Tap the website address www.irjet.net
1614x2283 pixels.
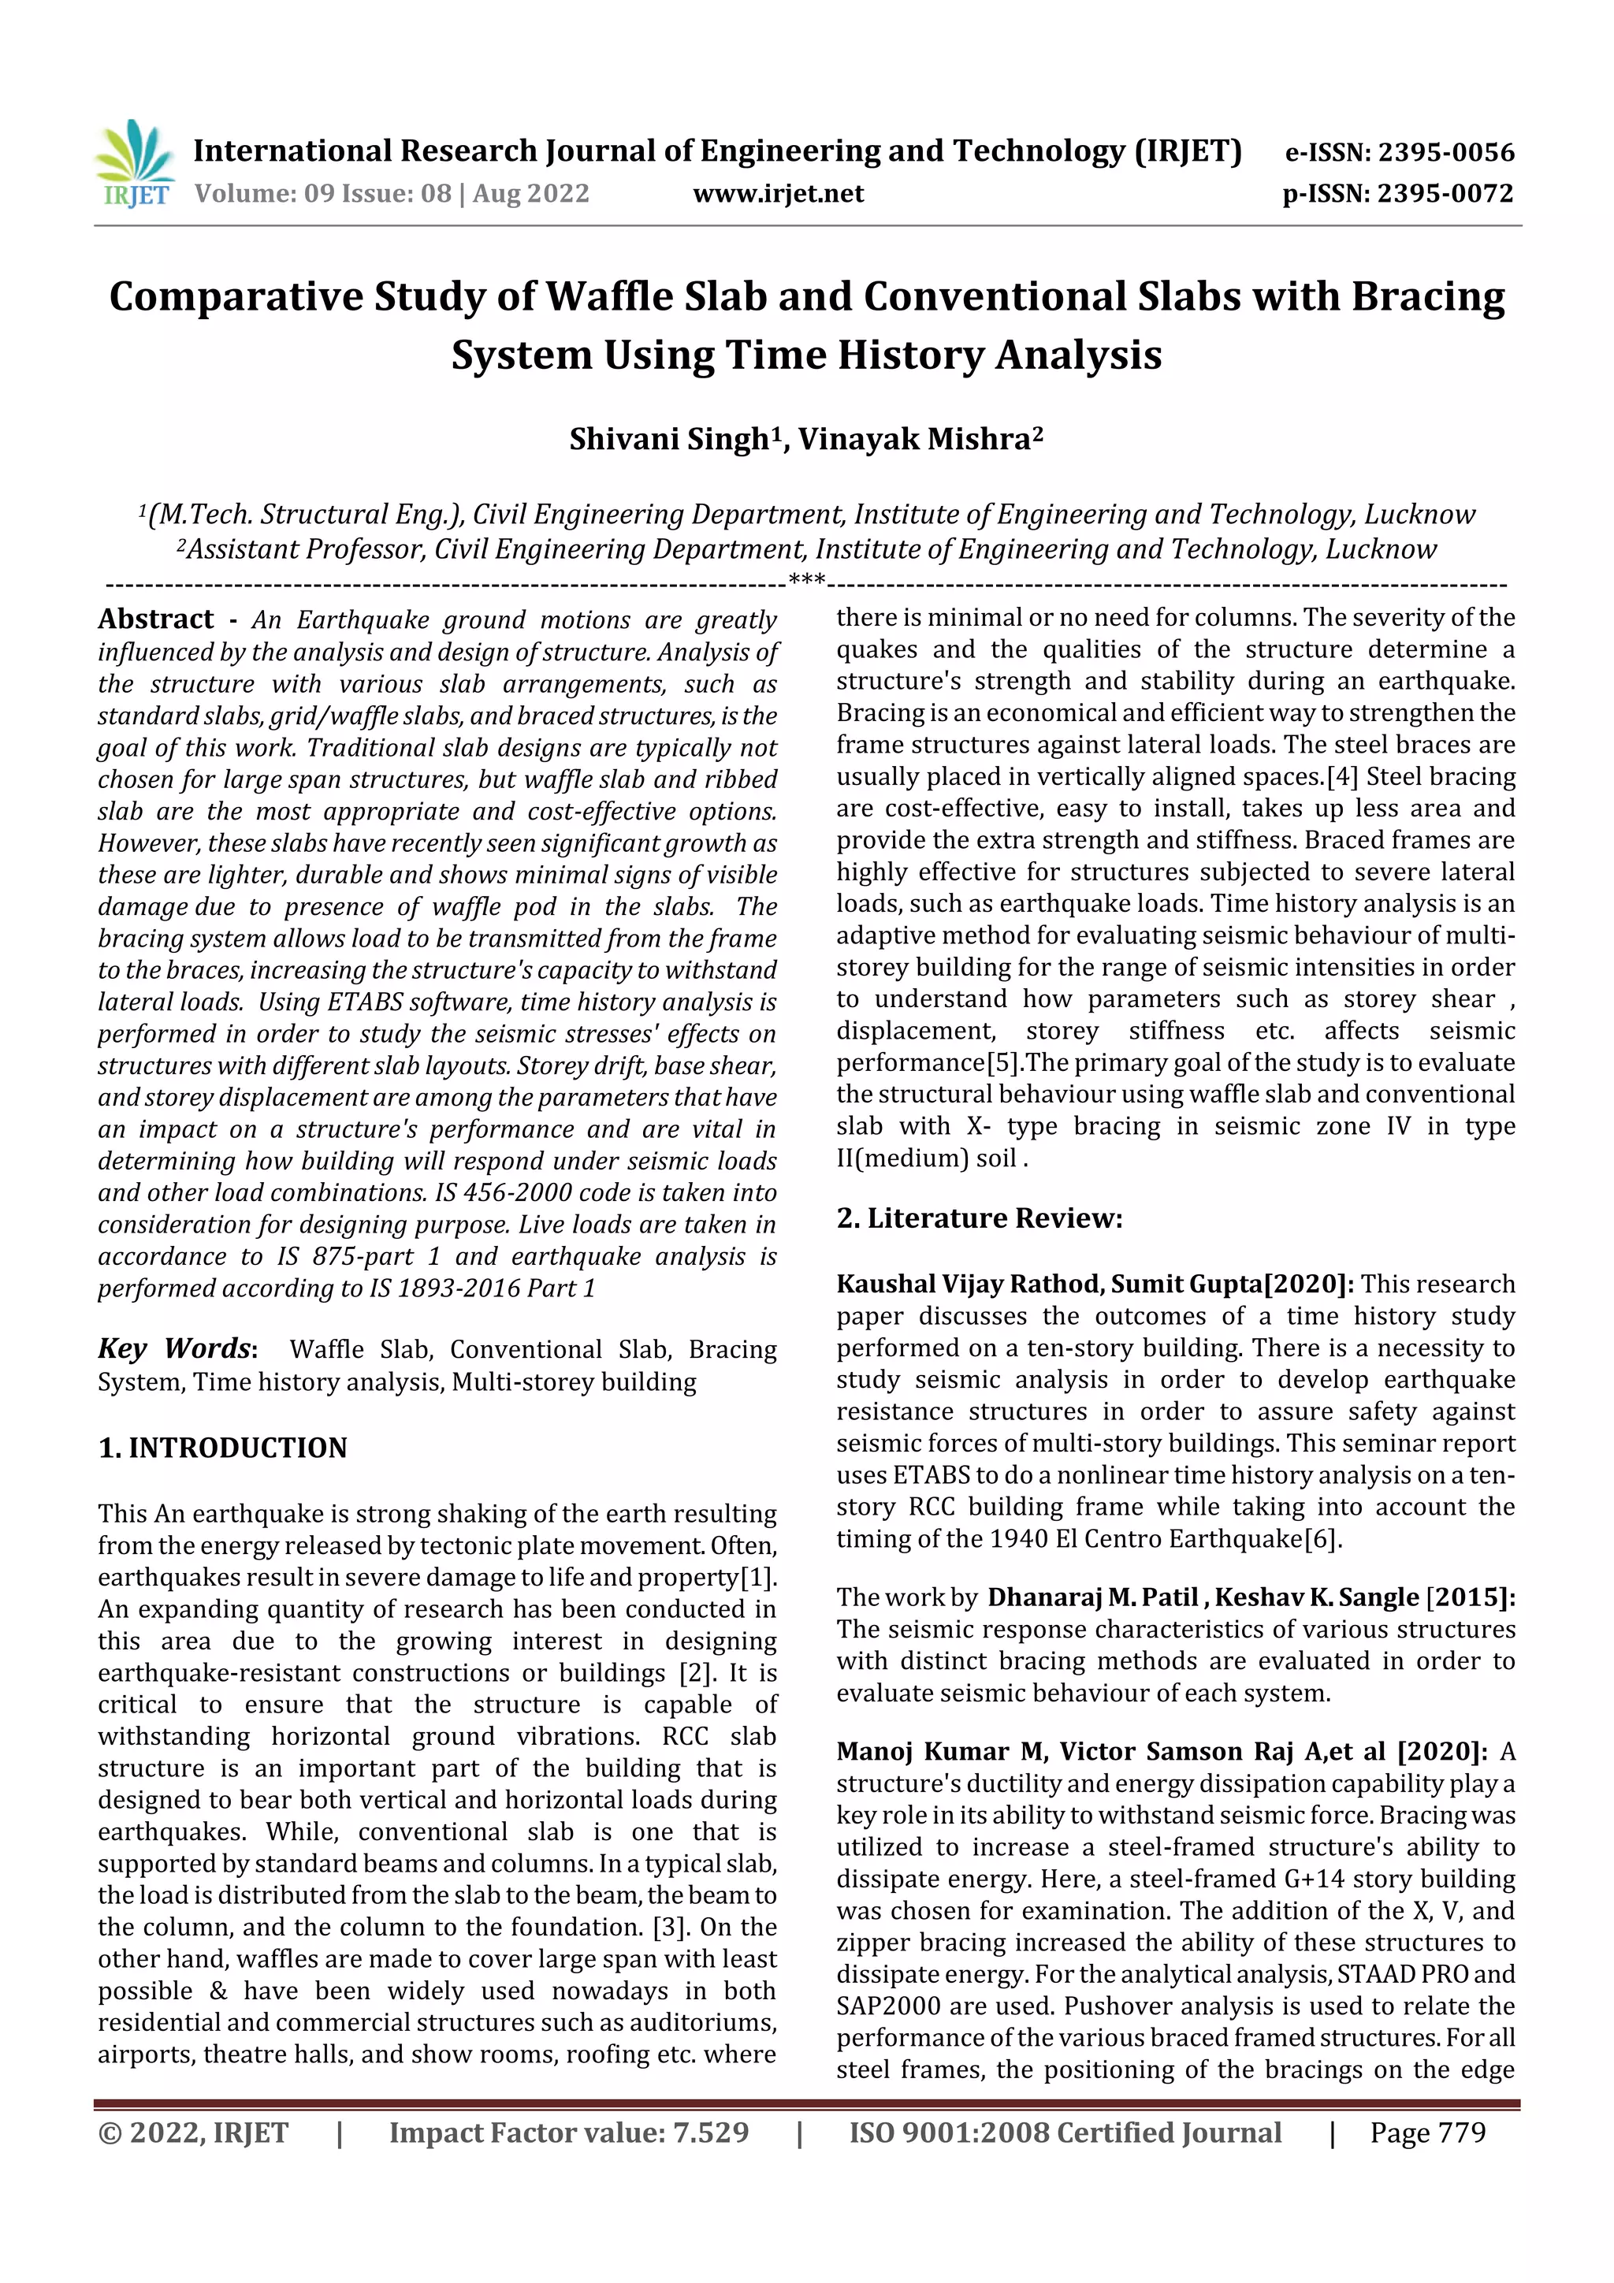(x=778, y=194)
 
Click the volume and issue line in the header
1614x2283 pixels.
(x=392, y=194)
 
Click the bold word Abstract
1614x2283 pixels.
(x=156, y=619)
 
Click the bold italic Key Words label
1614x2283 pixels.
(x=175, y=1348)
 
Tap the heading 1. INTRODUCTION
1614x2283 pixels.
(x=223, y=1448)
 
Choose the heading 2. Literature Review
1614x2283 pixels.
(x=979, y=1218)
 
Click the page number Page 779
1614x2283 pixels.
(x=1427, y=2132)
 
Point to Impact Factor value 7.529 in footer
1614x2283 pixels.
(x=569, y=2132)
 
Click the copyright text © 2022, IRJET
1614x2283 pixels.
(x=194, y=2132)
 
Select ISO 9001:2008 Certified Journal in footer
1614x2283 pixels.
(x=1065, y=2132)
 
